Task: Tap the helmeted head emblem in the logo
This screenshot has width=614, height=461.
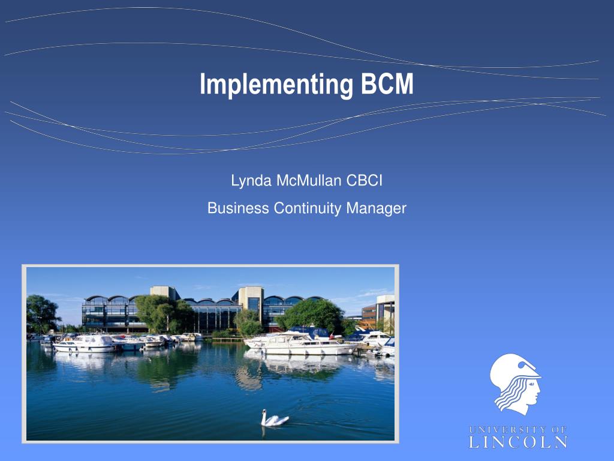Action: point(515,383)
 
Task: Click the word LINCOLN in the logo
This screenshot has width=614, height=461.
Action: point(517,442)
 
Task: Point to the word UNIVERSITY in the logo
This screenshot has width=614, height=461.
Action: point(505,429)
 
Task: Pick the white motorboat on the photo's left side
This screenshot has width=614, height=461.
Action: point(83,343)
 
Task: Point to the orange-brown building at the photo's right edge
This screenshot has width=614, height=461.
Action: point(370,315)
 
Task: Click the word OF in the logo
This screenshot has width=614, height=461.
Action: point(559,429)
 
